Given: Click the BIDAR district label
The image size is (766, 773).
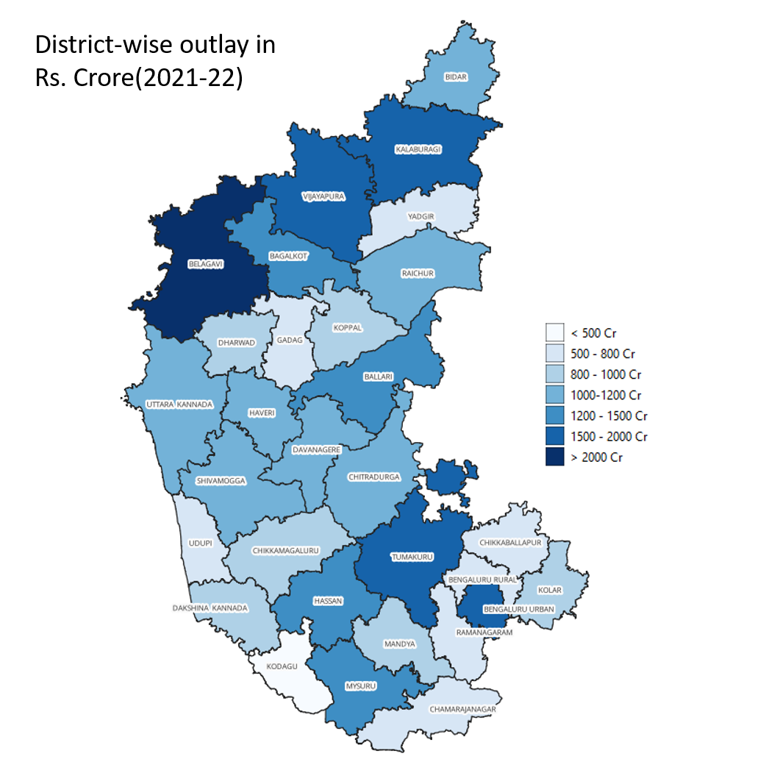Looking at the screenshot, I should (456, 76).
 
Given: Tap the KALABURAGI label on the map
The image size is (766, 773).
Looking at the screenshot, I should (418, 149).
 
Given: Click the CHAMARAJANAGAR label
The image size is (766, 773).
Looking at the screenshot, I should (462, 709).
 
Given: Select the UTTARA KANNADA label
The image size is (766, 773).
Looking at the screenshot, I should (179, 405).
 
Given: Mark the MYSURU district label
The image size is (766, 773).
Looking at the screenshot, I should (361, 686).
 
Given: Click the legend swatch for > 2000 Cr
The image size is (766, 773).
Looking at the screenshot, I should (554, 457).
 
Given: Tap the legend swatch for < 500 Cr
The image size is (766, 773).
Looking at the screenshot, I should (554, 332).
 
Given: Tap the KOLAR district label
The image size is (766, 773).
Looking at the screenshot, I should (548, 590).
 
